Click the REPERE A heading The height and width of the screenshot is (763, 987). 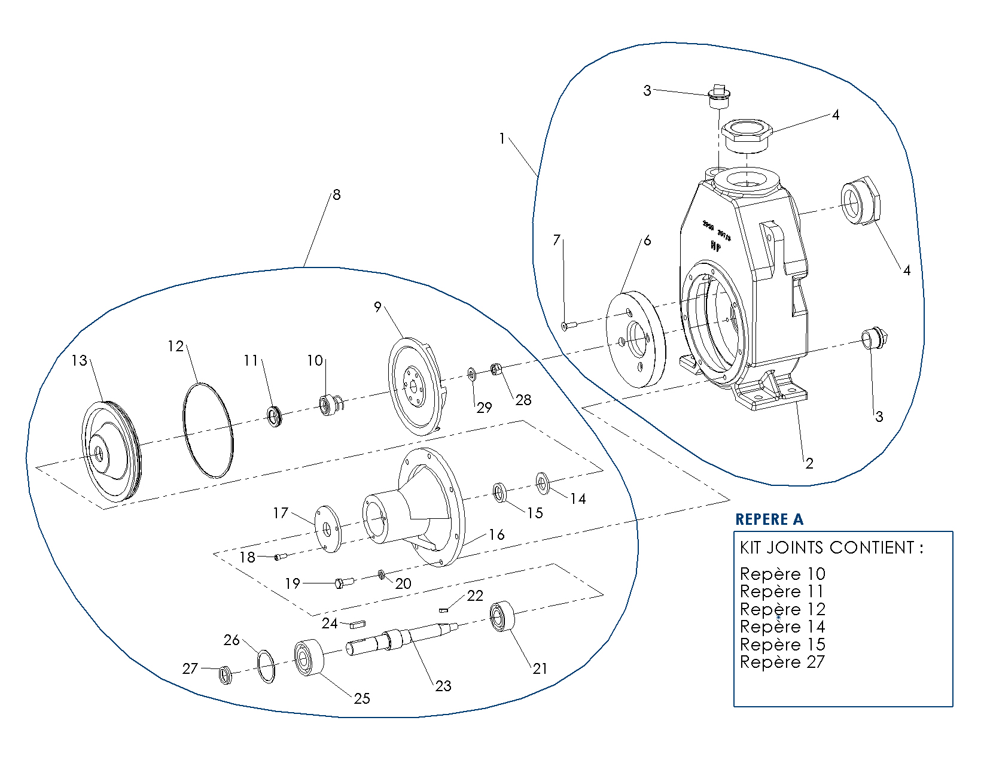[x=769, y=519]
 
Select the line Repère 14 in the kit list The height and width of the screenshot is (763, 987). [x=782, y=627]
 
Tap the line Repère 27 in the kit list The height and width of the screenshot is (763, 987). [x=782, y=662]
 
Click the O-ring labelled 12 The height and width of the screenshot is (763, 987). [x=207, y=430]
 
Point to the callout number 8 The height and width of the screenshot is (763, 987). [x=336, y=195]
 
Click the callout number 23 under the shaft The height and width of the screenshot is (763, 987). [x=443, y=686]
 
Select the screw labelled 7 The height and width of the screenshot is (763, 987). [x=569, y=326]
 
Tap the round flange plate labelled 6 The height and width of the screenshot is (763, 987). [x=636, y=339]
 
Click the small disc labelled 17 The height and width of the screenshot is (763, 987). [x=327, y=530]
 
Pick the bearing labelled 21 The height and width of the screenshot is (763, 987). [x=502, y=616]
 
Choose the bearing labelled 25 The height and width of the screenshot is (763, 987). [x=309, y=658]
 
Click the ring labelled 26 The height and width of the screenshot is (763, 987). [x=267, y=665]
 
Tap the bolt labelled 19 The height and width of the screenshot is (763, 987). [x=345, y=582]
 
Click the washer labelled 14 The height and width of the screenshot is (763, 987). [x=543, y=483]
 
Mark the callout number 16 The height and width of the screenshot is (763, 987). [x=496, y=534]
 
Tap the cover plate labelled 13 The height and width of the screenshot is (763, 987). [x=111, y=452]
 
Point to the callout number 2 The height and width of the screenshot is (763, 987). [x=809, y=463]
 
